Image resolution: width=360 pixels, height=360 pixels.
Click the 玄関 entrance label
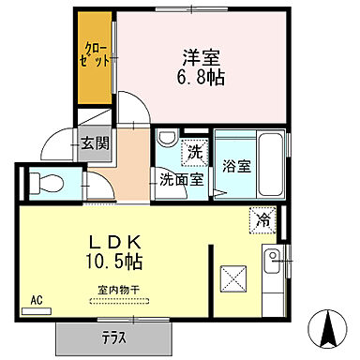(x=93, y=143)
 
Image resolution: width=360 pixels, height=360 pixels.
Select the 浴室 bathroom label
(x=235, y=167)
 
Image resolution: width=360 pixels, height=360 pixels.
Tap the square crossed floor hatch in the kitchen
(x=232, y=279)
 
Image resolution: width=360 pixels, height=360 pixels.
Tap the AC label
(x=37, y=300)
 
